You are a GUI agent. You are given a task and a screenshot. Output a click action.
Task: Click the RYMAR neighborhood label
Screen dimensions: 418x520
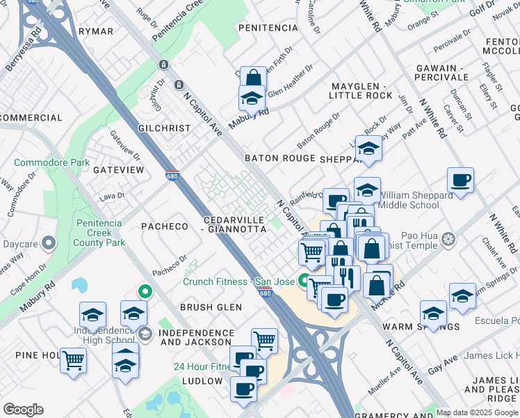(x=96, y=31)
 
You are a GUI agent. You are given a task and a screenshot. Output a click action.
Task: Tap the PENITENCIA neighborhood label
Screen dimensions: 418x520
(x=268, y=28)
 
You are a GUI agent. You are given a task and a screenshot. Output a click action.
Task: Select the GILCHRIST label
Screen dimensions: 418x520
(x=164, y=128)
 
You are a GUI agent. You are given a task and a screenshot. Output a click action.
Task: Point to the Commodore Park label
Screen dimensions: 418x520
(x=52, y=162)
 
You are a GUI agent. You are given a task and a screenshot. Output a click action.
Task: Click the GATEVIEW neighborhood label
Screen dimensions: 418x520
(x=118, y=169)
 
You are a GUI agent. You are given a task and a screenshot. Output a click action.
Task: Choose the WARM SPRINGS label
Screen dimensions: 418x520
(x=430, y=326)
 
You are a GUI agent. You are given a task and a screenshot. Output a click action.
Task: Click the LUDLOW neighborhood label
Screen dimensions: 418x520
(x=202, y=381)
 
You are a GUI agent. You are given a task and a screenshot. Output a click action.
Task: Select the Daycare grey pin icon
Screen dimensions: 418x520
(x=48, y=244)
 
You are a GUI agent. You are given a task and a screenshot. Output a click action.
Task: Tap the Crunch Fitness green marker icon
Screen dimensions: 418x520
(x=304, y=281)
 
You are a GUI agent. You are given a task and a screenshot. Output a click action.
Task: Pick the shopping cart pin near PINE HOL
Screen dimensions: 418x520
(x=73, y=360)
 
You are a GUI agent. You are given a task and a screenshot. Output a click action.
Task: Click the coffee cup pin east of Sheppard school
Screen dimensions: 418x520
(x=460, y=180)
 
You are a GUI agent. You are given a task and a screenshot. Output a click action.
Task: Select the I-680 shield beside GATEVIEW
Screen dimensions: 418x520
(x=172, y=174)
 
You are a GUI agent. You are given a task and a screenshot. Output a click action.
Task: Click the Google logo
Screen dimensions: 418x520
(x=24, y=410)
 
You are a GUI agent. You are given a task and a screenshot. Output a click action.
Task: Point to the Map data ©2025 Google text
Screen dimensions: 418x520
(x=477, y=412)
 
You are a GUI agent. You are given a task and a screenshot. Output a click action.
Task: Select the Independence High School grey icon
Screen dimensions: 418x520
(x=145, y=334)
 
